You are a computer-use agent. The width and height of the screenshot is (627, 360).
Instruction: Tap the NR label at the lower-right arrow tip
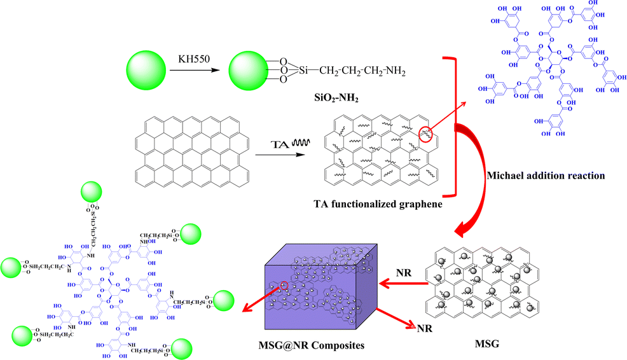[424, 329]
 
